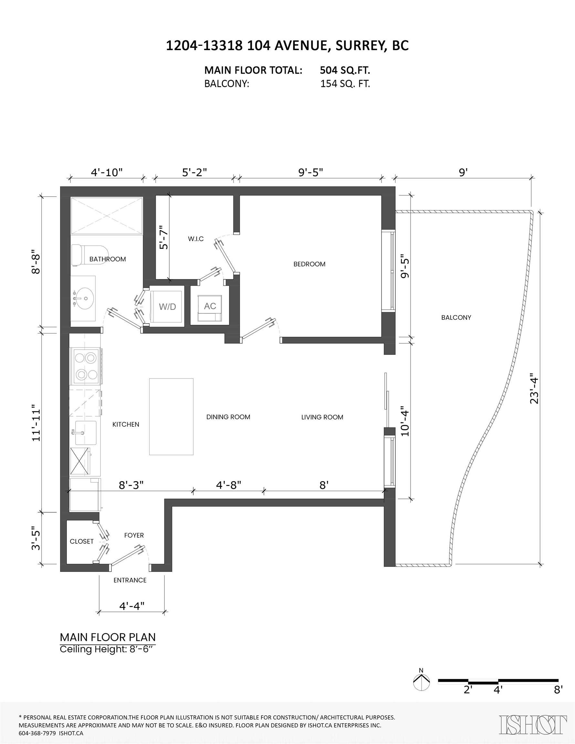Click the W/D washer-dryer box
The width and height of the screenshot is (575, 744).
pos(167,306)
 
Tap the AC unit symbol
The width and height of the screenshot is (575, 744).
pos(210,306)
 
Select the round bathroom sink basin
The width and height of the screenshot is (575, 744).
pos(83,298)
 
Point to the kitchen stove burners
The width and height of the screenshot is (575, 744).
pos(86,366)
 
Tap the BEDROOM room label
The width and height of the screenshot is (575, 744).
pos(309,264)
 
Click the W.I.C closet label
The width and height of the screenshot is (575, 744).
pos(196,239)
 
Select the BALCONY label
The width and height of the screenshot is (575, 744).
pos(456,317)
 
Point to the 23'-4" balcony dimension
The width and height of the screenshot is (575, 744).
pos(534,390)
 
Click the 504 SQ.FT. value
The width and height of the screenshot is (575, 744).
pos(345,70)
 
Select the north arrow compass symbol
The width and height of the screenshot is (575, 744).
pos(421,682)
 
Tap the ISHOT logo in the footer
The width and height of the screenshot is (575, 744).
pos(533,725)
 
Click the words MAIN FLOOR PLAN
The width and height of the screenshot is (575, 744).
pos(108,637)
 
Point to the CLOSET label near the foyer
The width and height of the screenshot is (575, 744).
pos(81,541)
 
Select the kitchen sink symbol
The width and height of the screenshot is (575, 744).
pos(86,433)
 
